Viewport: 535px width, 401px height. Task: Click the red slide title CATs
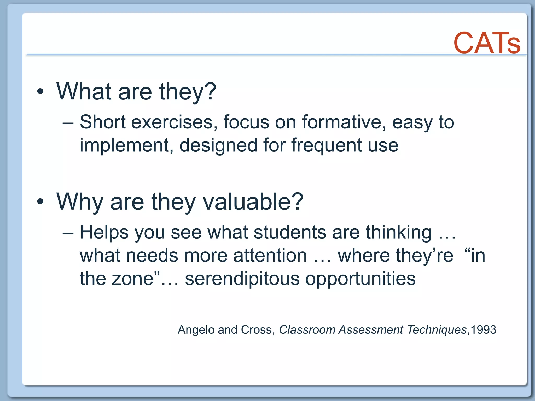487,43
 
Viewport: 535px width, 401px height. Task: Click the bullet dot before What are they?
40,92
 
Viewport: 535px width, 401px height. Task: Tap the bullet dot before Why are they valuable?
40,202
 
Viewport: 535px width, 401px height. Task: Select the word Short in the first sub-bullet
103,122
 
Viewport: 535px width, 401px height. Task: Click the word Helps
104,232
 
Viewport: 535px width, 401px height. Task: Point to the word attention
270,255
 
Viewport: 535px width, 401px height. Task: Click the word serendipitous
242,279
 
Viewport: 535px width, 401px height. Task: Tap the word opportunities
360,279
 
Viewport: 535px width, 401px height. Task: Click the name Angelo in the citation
196,330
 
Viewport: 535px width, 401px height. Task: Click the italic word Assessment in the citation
371,330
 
